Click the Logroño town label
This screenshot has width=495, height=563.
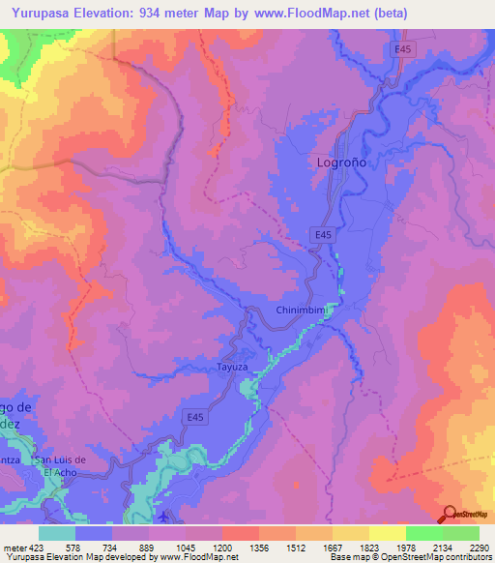(x=342, y=163)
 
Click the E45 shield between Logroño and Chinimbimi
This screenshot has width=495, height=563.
(x=324, y=234)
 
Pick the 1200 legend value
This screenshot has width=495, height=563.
(x=221, y=547)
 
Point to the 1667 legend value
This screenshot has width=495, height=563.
(x=333, y=547)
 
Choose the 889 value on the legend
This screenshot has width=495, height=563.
(x=148, y=547)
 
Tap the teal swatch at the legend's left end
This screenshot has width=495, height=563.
(x=57, y=533)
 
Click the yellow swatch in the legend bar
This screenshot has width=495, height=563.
(x=388, y=533)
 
